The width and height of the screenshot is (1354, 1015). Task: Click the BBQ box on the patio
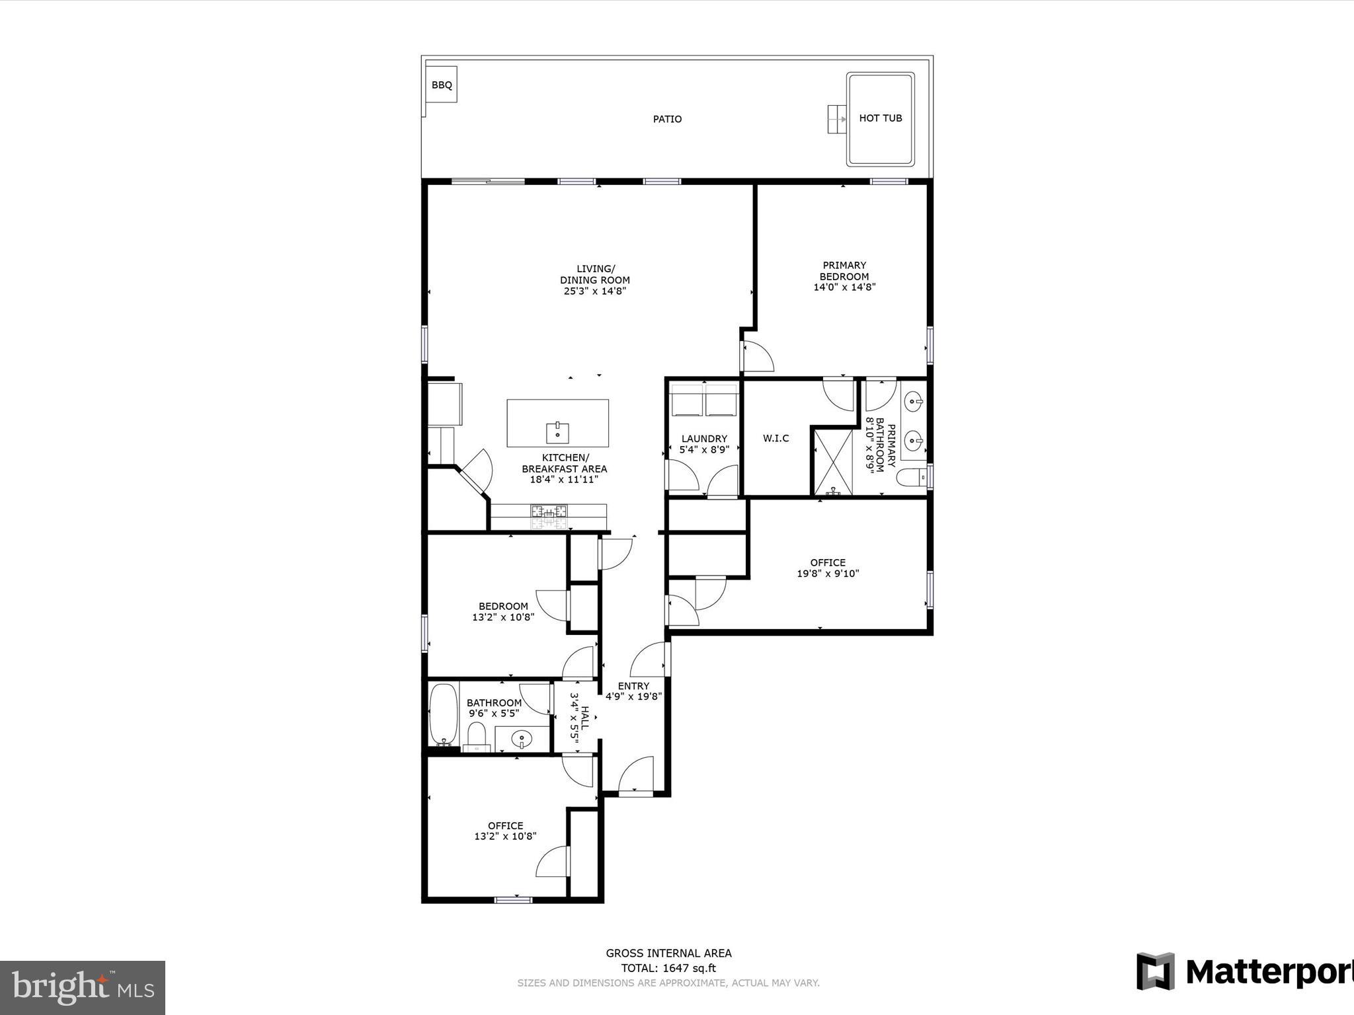coord(441,85)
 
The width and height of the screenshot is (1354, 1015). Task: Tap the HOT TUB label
coord(880,118)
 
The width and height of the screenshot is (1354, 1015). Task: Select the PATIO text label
coord(667,119)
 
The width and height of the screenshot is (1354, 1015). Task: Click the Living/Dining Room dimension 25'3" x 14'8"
coord(594,291)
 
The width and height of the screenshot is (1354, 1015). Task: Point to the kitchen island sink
coord(557,433)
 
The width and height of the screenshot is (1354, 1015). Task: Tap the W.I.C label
coord(776,438)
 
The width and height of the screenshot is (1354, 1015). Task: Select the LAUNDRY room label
coord(704,439)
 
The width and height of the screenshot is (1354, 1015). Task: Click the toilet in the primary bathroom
coord(915,478)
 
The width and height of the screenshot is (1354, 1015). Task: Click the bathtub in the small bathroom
coord(443,714)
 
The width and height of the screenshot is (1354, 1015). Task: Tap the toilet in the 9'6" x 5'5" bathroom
coord(476,735)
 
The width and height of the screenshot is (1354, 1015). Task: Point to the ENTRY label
coord(633,686)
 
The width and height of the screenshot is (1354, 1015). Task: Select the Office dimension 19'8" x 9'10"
coord(828,574)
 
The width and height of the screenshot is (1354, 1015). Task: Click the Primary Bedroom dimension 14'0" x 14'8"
coord(844,287)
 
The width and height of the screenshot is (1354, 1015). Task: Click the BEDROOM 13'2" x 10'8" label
coord(503,606)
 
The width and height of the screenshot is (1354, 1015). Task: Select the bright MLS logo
coord(83,987)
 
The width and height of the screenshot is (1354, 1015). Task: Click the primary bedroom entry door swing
coord(758,357)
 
